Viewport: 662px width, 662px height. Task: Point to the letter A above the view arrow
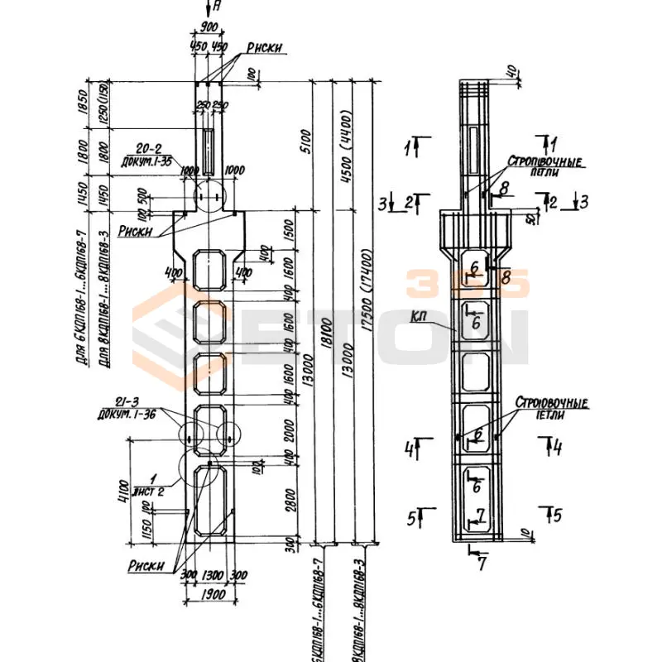(x=216, y=7)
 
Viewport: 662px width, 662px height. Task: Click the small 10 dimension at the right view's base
(x=525, y=531)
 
